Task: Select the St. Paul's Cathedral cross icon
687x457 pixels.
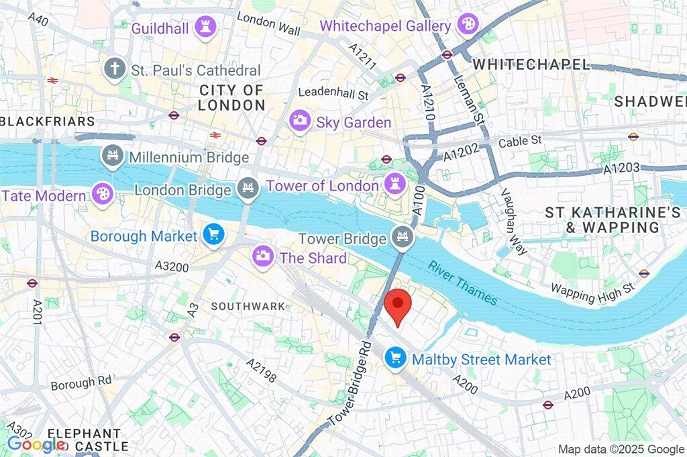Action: click(x=115, y=68)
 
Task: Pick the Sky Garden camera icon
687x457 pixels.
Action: click(x=300, y=121)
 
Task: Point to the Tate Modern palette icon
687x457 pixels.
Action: click(x=103, y=195)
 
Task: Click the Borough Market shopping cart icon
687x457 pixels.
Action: click(x=214, y=235)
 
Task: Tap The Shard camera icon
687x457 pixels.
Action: click(x=262, y=256)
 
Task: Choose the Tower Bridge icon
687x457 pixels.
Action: click(x=402, y=238)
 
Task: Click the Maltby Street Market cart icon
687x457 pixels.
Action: click(x=395, y=358)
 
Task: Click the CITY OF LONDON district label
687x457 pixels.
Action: click(x=232, y=97)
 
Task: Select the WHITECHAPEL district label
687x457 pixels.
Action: click(x=531, y=64)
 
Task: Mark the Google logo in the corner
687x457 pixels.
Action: click(x=36, y=444)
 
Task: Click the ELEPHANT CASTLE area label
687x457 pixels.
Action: click(x=84, y=440)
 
